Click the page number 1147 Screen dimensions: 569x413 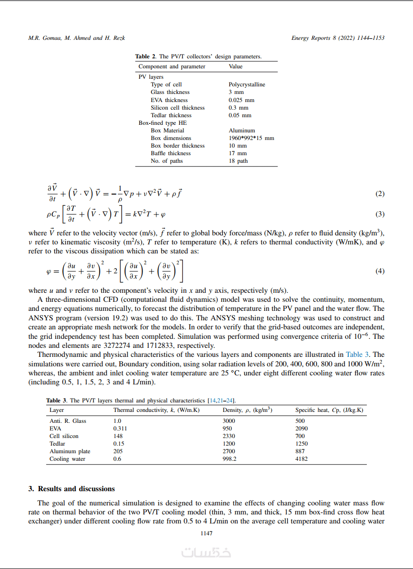click(x=206, y=533)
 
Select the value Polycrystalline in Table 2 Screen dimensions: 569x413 click(x=247, y=84)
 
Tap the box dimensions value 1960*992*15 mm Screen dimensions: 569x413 click(x=251, y=138)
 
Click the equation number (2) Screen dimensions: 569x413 click(x=380, y=194)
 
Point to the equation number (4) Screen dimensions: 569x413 click(x=380, y=271)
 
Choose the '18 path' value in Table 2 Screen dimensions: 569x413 click(x=238, y=161)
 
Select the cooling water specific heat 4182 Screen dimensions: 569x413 click(x=301, y=459)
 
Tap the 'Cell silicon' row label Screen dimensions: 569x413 click(x=64, y=436)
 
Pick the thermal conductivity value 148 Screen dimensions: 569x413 click(x=118, y=436)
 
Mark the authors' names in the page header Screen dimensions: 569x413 click(x=77, y=38)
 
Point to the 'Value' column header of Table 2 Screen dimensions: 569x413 click(x=236, y=67)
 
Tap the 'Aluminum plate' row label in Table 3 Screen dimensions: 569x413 click(x=70, y=451)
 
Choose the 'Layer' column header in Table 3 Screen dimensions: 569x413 click(x=57, y=410)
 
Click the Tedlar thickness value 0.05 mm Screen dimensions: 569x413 click(x=240, y=115)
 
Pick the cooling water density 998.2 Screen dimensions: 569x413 click(x=230, y=459)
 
